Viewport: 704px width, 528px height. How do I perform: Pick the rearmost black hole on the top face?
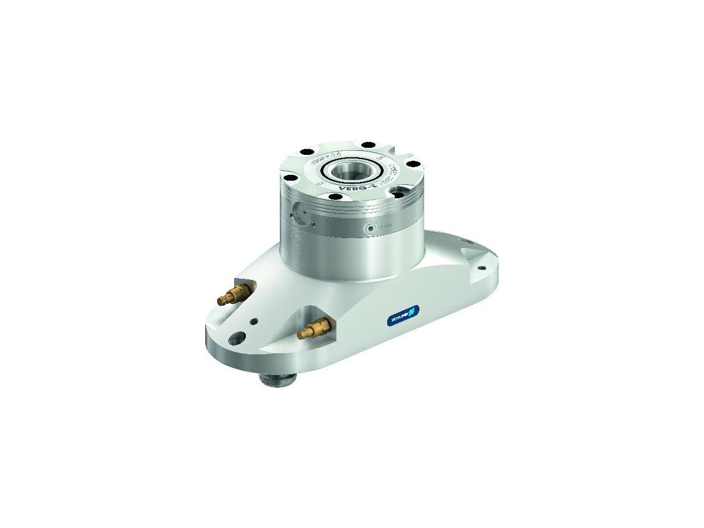(x=368, y=144)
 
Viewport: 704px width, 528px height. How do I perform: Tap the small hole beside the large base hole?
(x=253, y=321)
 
